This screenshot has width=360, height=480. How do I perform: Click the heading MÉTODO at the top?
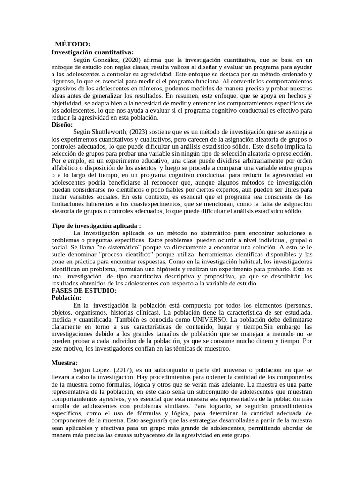[73, 44]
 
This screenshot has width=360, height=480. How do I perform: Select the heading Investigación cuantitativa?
[92, 52]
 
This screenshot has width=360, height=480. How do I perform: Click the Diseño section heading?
[62, 125]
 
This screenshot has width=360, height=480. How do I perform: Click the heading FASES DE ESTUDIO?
[84, 291]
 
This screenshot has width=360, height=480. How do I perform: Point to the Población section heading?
[67, 298]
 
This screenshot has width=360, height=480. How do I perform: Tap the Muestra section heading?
[64, 363]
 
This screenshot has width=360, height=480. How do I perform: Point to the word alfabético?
[66, 168]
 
